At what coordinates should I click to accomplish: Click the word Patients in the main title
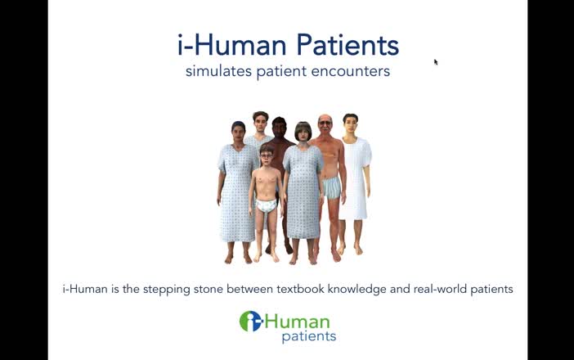(x=347, y=45)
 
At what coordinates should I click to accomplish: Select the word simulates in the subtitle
(x=215, y=71)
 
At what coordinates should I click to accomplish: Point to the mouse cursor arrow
(x=436, y=61)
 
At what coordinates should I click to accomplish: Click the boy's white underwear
(x=267, y=205)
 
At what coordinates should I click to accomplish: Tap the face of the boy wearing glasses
(x=267, y=155)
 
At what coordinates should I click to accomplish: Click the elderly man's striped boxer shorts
(x=330, y=188)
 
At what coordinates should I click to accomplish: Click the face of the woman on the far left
(x=238, y=132)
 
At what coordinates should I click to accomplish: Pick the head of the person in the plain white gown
(x=351, y=124)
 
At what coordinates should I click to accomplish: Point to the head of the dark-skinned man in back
(x=280, y=127)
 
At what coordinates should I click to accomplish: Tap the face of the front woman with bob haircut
(x=303, y=133)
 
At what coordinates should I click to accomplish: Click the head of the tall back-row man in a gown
(x=260, y=122)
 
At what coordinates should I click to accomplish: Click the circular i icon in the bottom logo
(x=250, y=321)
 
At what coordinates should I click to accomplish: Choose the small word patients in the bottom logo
(x=308, y=336)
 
